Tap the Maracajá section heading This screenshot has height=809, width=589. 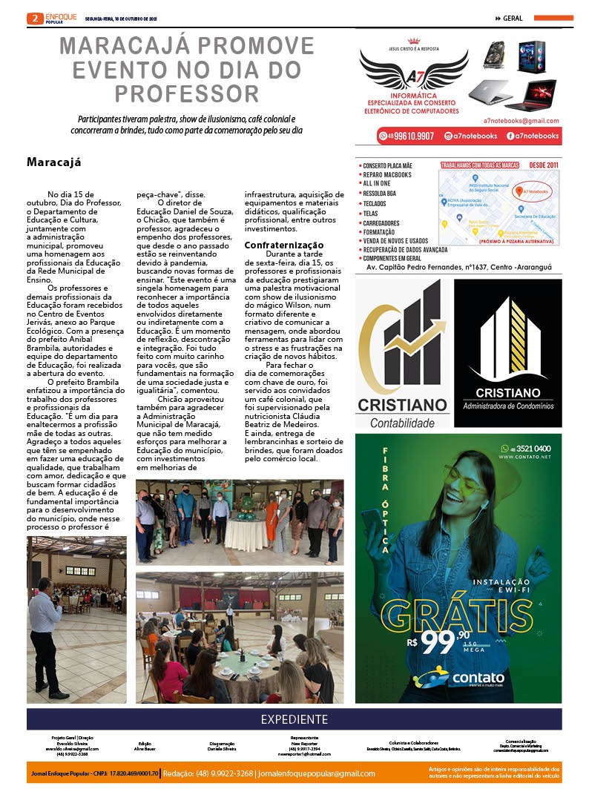click(x=53, y=162)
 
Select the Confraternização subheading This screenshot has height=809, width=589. click(x=284, y=245)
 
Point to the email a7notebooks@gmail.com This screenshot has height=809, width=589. click(x=521, y=121)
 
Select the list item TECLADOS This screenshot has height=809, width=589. click(x=374, y=202)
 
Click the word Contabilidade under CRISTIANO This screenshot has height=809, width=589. click(x=402, y=422)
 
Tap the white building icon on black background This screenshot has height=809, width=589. click(x=507, y=338)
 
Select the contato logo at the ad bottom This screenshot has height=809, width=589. click(x=460, y=678)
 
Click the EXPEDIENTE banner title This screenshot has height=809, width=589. click(x=294, y=719)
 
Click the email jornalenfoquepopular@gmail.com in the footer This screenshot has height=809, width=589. click(x=317, y=773)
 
